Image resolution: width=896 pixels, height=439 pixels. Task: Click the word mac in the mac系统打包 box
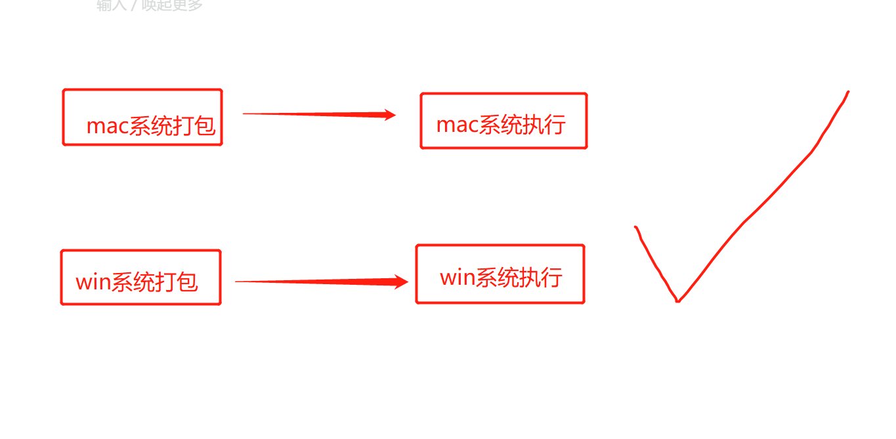[107, 126]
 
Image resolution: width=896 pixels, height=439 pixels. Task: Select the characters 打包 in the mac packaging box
[194, 126]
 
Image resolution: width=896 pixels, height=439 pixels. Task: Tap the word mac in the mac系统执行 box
[457, 125]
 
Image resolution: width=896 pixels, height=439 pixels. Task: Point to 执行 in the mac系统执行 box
[544, 125]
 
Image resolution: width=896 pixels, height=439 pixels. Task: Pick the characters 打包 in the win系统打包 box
[177, 282]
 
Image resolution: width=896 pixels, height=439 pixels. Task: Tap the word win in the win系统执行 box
[457, 277]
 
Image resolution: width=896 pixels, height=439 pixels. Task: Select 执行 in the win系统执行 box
[540, 277]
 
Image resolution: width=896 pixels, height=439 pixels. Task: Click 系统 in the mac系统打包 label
[150, 126]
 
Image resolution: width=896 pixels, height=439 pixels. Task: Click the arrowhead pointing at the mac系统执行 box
[390, 115]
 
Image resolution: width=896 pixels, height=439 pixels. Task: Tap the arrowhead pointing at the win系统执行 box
[401, 282]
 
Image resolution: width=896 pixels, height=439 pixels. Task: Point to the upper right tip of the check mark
[847, 93]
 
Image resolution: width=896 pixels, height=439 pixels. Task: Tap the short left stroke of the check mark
[654, 262]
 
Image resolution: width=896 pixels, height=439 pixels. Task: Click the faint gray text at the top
[150, 5]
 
